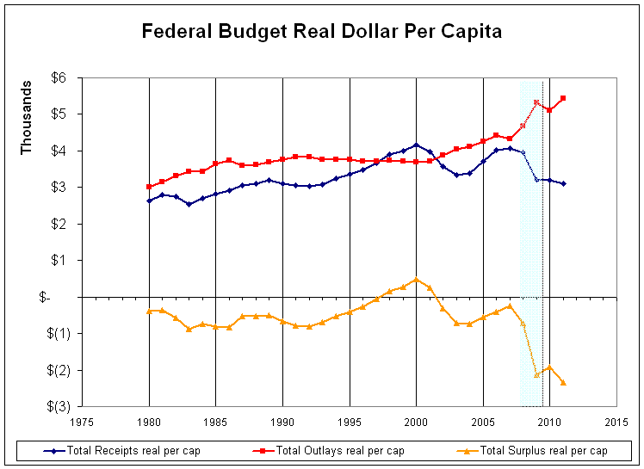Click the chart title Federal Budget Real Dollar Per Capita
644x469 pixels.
pyautogui.click(x=321, y=32)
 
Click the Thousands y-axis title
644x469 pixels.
pyautogui.click(x=27, y=118)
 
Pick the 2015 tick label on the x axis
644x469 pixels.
pyautogui.click(x=616, y=422)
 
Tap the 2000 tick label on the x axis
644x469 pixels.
pyautogui.click(x=416, y=422)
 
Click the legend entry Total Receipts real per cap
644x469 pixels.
pyautogui.click(x=127, y=451)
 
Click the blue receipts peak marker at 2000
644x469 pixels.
pyautogui.click(x=416, y=145)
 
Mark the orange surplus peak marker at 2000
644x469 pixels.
pyautogui.click(x=416, y=279)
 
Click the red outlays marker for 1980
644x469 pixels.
pyautogui.click(x=149, y=187)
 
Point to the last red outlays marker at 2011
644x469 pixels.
pyautogui.click(x=563, y=98)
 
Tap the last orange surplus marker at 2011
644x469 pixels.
pyautogui.click(x=563, y=382)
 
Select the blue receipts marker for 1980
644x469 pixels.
pyautogui.click(x=149, y=201)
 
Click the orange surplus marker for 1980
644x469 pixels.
pyautogui.click(x=149, y=311)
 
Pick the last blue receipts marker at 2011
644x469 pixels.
pyautogui.click(x=563, y=183)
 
